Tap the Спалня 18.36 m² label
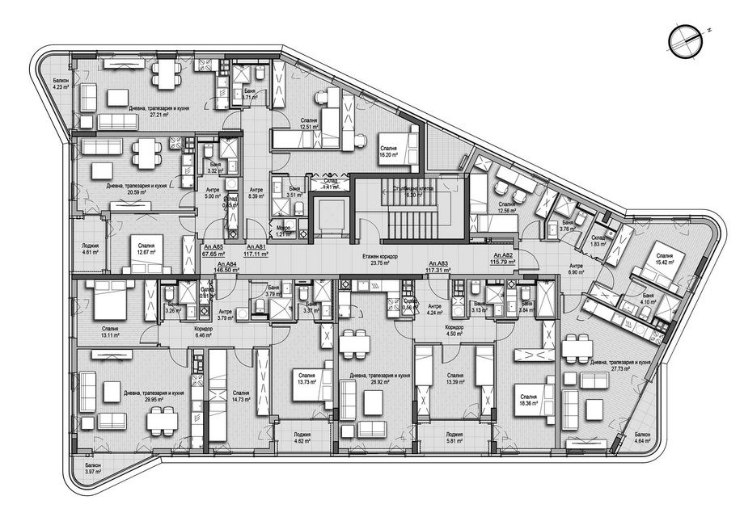[x=529, y=400]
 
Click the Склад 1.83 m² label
[x=598, y=241]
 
